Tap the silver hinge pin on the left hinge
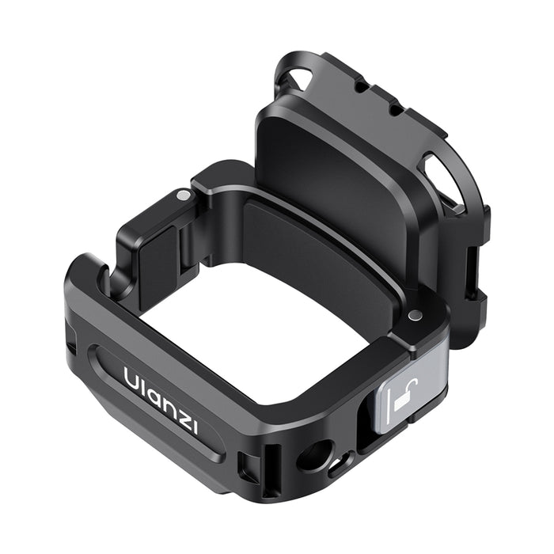click(x=184, y=195)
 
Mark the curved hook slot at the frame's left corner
click(x=101, y=277)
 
